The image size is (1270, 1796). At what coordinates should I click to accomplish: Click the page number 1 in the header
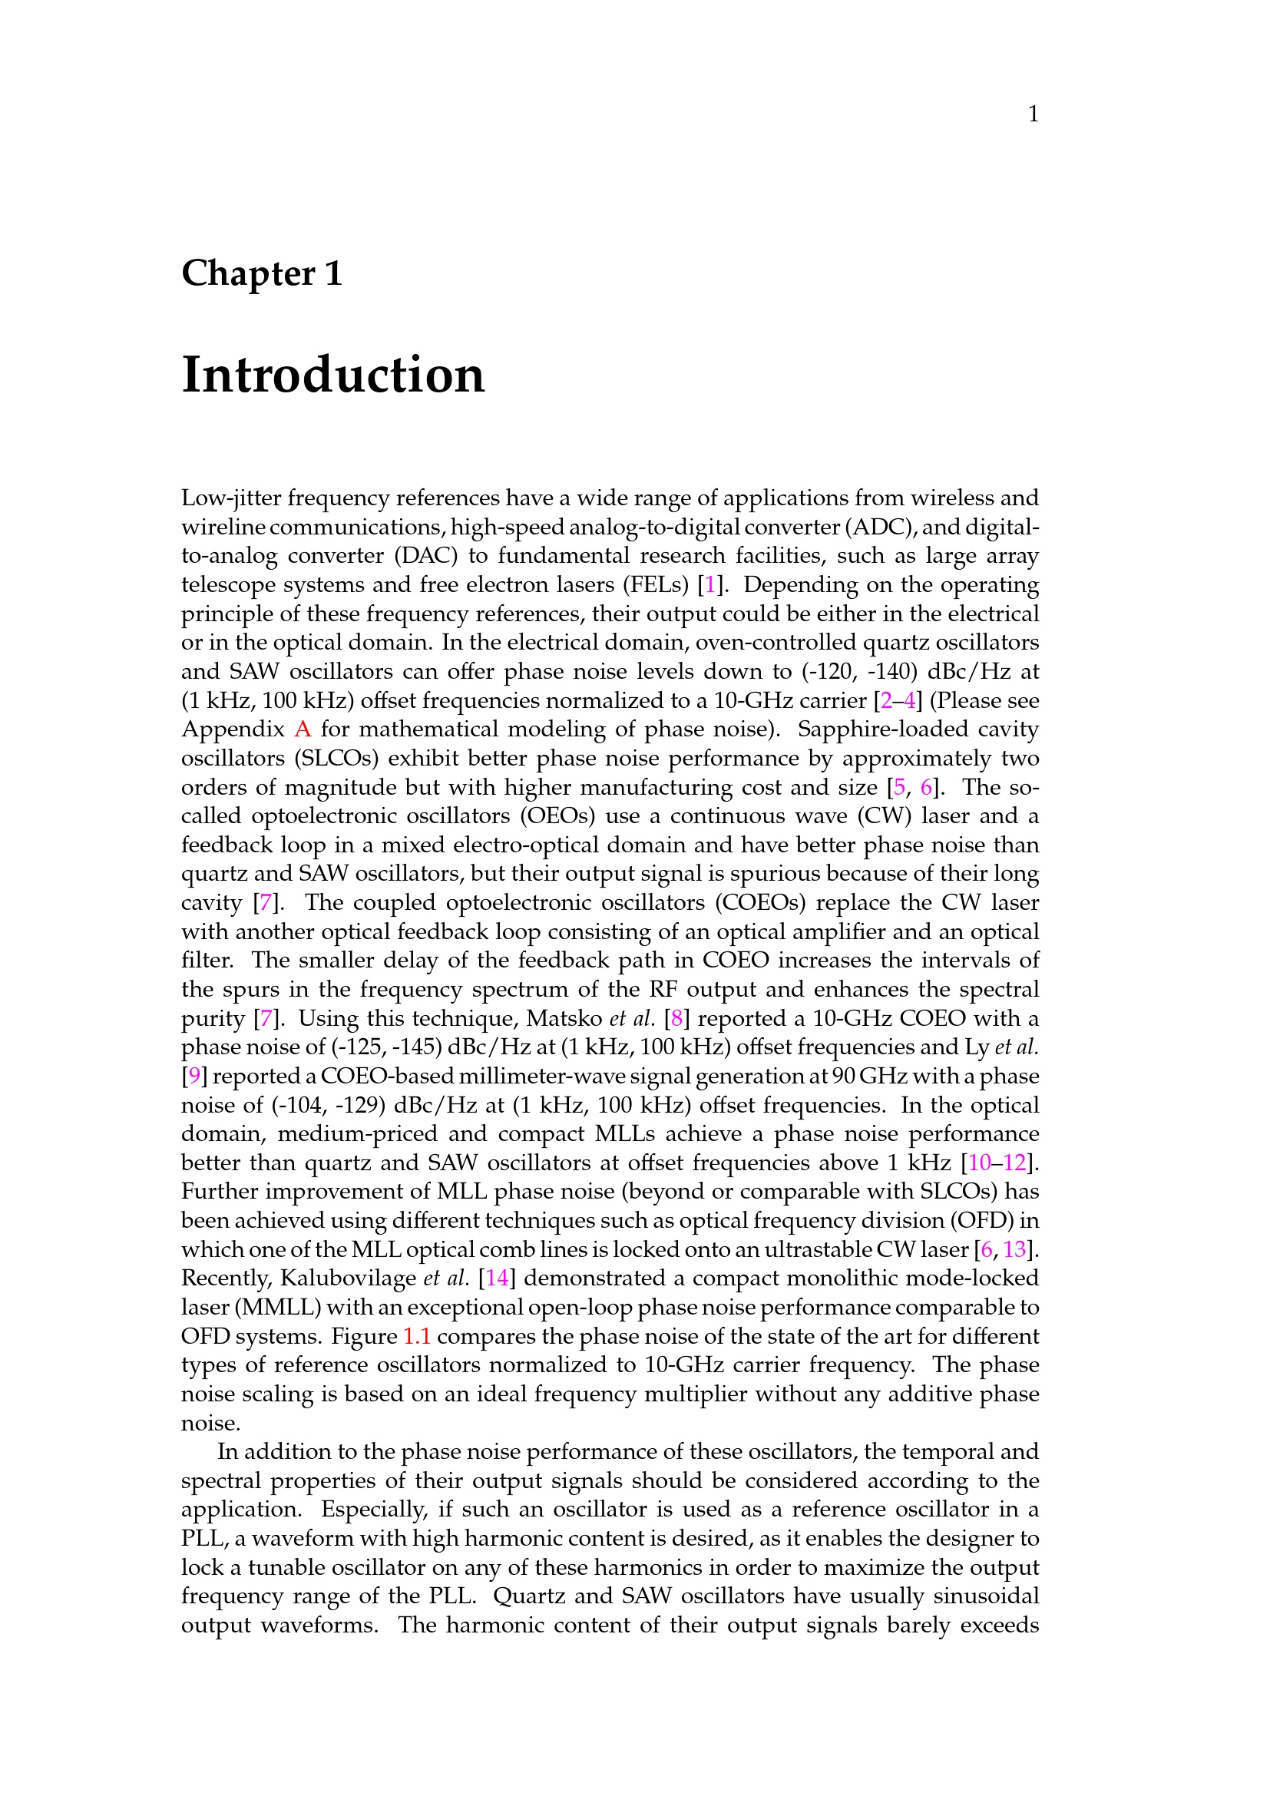coord(1033,115)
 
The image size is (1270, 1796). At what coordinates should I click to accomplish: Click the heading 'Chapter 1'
coord(262,274)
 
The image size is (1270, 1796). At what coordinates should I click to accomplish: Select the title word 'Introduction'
coord(333,375)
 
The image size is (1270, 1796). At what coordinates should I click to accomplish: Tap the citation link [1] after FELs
coord(709,585)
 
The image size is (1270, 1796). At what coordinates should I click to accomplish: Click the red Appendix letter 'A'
coord(303,729)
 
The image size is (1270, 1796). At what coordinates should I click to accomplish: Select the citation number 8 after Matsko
coord(676,1018)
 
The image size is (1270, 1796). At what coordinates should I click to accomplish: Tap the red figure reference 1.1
coord(416,1336)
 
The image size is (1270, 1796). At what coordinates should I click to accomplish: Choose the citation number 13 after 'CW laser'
coord(1014,1249)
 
